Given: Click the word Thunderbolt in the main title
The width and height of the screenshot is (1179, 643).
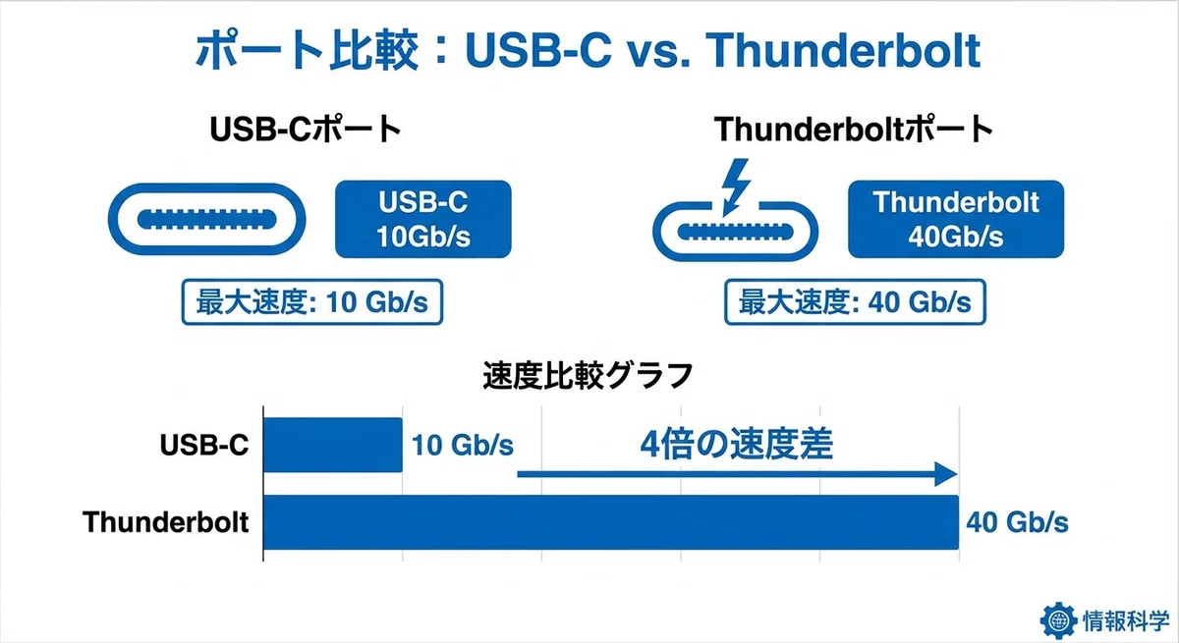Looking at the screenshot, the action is click(x=843, y=50).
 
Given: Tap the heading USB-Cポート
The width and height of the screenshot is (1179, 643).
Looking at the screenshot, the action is click(x=306, y=129).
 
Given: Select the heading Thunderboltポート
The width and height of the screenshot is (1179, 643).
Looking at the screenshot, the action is click(x=853, y=129).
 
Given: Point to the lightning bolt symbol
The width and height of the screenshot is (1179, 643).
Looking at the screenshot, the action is click(x=735, y=187).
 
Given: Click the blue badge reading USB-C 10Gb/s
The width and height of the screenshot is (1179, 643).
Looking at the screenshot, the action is click(x=423, y=219).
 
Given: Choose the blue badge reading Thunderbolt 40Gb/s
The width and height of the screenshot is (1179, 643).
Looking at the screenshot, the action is click(x=956, y=219).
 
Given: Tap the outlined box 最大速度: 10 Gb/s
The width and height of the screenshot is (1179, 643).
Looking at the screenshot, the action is click(x=312, y=301).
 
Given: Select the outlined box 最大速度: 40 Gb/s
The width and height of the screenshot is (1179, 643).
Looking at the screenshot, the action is click(x=855, y=301).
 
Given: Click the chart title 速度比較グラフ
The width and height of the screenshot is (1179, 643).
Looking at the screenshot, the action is click(x=588, y=375).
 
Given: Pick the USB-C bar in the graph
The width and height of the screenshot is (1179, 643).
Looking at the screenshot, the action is click(x=333, y=445).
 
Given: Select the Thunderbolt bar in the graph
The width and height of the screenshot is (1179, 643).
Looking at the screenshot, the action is click(x=611, y=522).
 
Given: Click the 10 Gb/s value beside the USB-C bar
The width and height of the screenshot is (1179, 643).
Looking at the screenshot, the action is click(x=462, y=446).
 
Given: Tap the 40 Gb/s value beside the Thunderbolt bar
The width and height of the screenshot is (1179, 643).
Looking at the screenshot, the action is click(x=1017, y=522).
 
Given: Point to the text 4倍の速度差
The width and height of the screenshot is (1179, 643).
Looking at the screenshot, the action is click(x=736, y=445).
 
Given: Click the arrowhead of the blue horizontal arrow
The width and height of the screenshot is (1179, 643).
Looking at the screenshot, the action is click(x=946, y=474).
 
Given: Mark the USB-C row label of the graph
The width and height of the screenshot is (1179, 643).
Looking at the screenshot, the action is click(x=203, y=446).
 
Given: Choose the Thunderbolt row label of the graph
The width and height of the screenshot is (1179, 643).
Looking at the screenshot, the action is click(x=165, y=522).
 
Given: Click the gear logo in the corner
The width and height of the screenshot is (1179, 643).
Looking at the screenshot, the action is click(x=1058, y=621).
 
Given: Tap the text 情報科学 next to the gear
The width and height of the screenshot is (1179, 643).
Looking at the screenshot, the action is click(x=1126, y=621).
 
